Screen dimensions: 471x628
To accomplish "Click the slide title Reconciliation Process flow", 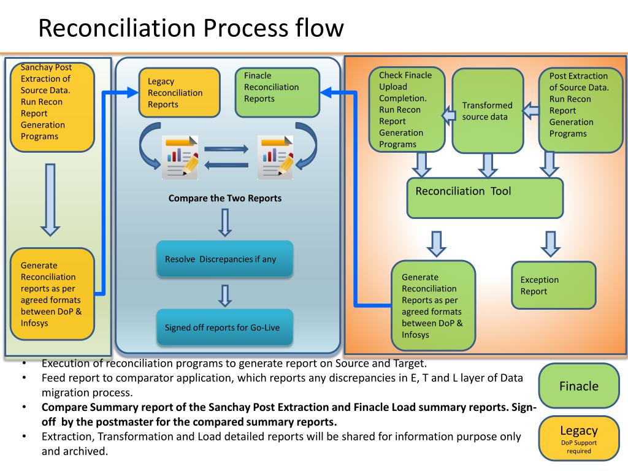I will point(191,28).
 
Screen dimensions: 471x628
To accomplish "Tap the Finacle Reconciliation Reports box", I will point(277,92).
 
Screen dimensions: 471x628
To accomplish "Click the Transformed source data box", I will point(488,110).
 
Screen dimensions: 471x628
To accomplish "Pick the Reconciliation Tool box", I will point(484,197).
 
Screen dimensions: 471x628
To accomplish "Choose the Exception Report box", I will point(554,285).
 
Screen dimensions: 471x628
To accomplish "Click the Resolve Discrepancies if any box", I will point(225,259).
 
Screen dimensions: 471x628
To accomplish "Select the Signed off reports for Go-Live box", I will point(225,327).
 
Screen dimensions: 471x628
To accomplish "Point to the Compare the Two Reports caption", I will point(225,198).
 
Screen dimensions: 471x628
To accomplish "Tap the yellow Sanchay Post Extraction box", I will point(52,107).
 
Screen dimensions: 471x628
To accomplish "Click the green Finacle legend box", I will point(578,386).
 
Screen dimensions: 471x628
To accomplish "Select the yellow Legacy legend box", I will point(578,438).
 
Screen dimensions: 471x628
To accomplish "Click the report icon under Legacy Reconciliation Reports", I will point(180,157).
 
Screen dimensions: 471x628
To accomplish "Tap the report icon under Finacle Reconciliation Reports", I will point(275,157).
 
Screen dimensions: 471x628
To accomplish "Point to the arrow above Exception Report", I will point(549,243).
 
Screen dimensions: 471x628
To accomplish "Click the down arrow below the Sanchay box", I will point(50,199).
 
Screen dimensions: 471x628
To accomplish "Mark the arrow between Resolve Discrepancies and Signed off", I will point(225,294).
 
